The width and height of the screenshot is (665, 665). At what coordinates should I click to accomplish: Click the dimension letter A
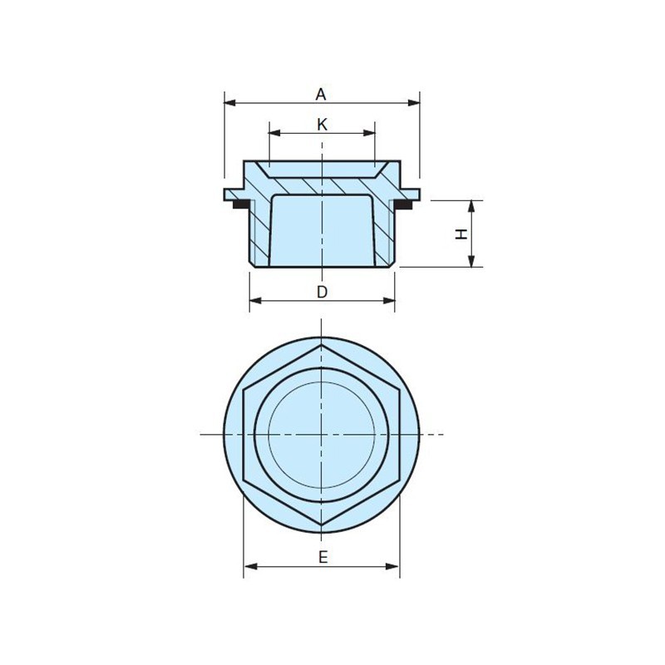pyautogui.click(x=321, y=94)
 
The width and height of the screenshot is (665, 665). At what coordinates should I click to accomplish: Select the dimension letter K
pyautogui.click(x=323, y=124)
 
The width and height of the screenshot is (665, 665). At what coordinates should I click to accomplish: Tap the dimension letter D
pyautogui.click(x=323, y=292)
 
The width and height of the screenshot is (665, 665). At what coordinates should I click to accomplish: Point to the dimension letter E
pyautogui.click(x=323, y=557)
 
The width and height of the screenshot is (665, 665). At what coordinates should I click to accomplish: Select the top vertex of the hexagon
pyautogui.click(x=322, y=342)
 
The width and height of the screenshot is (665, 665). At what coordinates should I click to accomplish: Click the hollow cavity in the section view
pyautogui.click(x=322, y=233)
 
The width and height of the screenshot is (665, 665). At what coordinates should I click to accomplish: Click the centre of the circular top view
pyautogui.click(x=322, y=434)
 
